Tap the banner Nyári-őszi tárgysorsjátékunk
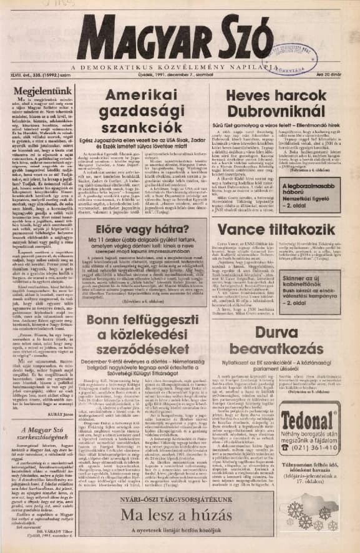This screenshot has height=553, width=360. click(x=179, y=497)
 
